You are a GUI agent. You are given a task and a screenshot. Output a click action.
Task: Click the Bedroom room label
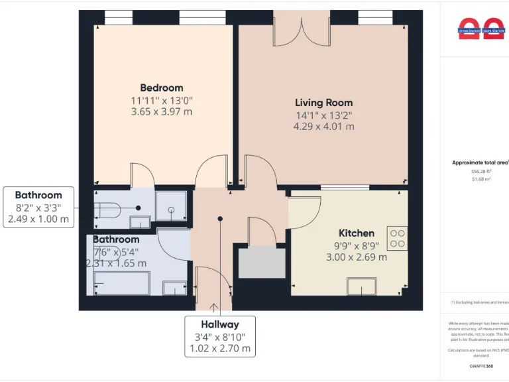pos(161,88)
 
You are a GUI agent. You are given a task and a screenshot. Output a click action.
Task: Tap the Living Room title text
pos(323,103)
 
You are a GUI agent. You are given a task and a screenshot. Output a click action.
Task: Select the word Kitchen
pos(357,233)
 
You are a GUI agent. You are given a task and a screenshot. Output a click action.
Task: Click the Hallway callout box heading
pos(220,324)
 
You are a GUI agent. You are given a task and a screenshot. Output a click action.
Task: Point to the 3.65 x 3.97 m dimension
pos(161,111)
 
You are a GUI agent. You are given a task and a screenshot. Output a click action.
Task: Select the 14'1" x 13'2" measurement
pos(323,115)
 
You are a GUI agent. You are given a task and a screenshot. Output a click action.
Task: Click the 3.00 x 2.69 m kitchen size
pos(357,257)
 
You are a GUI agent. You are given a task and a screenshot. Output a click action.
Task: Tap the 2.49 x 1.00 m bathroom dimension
pos(38,220)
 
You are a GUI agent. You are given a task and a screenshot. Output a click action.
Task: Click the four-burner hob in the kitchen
pos(397,239)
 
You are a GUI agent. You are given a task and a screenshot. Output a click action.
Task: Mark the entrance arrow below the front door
pos(213,307)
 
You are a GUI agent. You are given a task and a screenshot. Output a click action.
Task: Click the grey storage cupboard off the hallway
pos(262,261)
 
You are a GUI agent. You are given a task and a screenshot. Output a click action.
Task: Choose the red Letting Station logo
pos(470,28)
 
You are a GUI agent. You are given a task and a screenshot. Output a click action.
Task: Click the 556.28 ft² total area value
pos(481,171)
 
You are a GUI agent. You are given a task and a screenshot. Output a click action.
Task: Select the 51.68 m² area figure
pos(481,179)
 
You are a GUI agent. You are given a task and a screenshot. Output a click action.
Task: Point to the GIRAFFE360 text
pos(481,366)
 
